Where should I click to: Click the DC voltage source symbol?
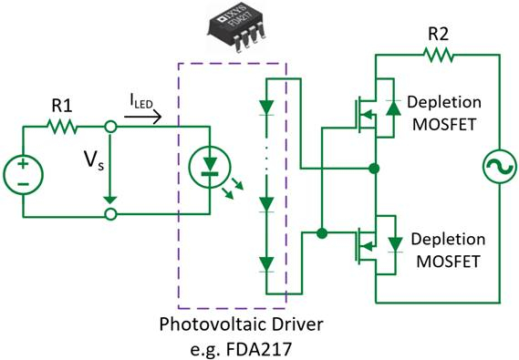[23, 171]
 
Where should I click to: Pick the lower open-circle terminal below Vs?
[111, 215]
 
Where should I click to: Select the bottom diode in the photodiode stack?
[266, 264]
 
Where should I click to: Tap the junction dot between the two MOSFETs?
[374, 169]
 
